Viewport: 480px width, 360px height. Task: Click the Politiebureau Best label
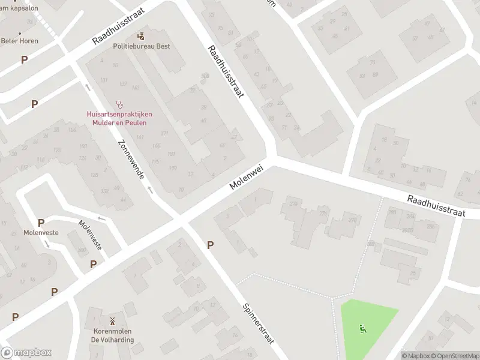click(x=141, y=46)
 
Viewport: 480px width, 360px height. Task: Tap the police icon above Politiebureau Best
click(x=141, y=37)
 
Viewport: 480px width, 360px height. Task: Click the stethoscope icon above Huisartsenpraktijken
click(x=119, y=103)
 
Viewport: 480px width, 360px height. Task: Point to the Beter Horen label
click(x=19, y=41)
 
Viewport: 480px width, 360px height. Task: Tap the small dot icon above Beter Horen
click(x=20, y=33)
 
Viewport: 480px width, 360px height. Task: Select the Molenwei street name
click(x=247, y=179)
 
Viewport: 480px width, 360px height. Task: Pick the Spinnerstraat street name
click(x=258, y=323)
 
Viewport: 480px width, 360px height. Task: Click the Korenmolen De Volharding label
click(x=112, y=335)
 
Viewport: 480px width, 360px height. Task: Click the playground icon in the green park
click(x=362, y=328)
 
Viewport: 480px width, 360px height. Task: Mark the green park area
click(x=367, y=327)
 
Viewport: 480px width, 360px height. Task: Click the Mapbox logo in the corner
click(x=26, y=353)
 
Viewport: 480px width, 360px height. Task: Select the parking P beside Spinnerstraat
click(x=210, y=245)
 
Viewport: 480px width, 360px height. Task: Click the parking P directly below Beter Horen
click(x=24, y=59)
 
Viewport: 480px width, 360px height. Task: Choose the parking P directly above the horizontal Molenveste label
click(x=41, y=223)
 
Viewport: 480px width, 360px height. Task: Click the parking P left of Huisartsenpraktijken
click(x=34, y=104)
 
